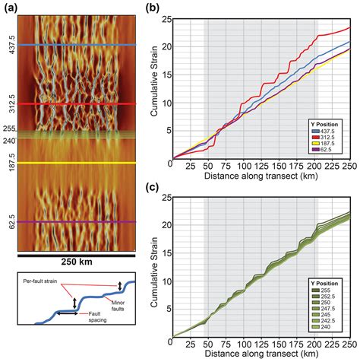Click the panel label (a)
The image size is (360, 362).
pos(8,8)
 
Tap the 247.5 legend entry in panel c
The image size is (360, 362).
pos(333,308)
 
